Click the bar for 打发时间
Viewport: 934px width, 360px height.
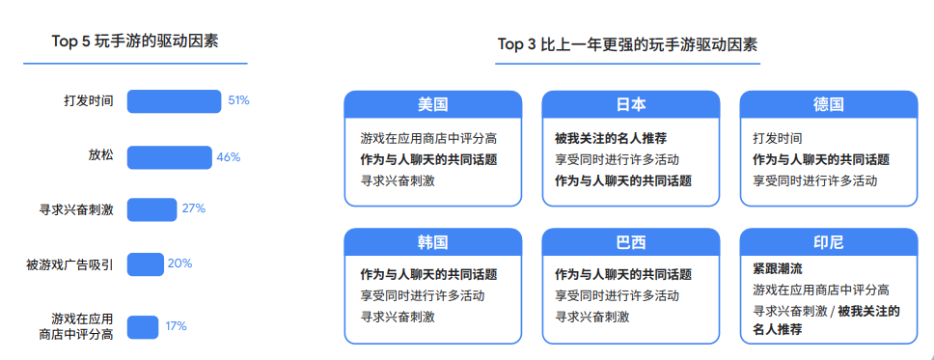(x=175, y=101)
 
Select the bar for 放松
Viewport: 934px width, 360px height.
(x=169, y=157)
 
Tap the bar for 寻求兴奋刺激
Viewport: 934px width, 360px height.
(x=151, y=209)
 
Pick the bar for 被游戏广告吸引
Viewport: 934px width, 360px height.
(x=146, y=263)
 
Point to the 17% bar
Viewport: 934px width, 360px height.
(x=142, y=327)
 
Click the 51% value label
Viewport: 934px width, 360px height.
(x=238, y=100)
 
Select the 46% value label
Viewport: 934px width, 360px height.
(x=228, y=157)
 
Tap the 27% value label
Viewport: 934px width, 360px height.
(x=194, y=208)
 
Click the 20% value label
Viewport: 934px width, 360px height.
(x=180, y=263)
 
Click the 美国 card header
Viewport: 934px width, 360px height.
(x=432, y=104)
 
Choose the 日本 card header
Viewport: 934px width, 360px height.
(x=631, y=104)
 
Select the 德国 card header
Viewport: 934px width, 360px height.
(x=828, y=104)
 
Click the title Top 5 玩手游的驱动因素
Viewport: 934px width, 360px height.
(x=135, y=42)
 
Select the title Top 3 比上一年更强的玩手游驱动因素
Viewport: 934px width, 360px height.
(x=627, y=44)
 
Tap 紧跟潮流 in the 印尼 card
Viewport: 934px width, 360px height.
(x=778, y=268)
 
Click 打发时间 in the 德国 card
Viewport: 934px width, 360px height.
(x=777, y=138)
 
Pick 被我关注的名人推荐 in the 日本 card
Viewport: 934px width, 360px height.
(x=611, y=138)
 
